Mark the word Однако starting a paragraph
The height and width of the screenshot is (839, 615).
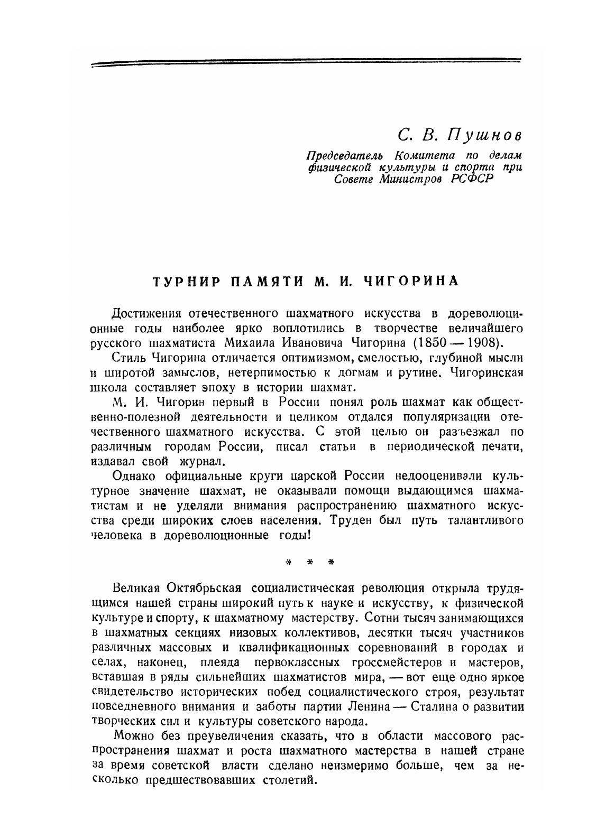click(135, 476)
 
